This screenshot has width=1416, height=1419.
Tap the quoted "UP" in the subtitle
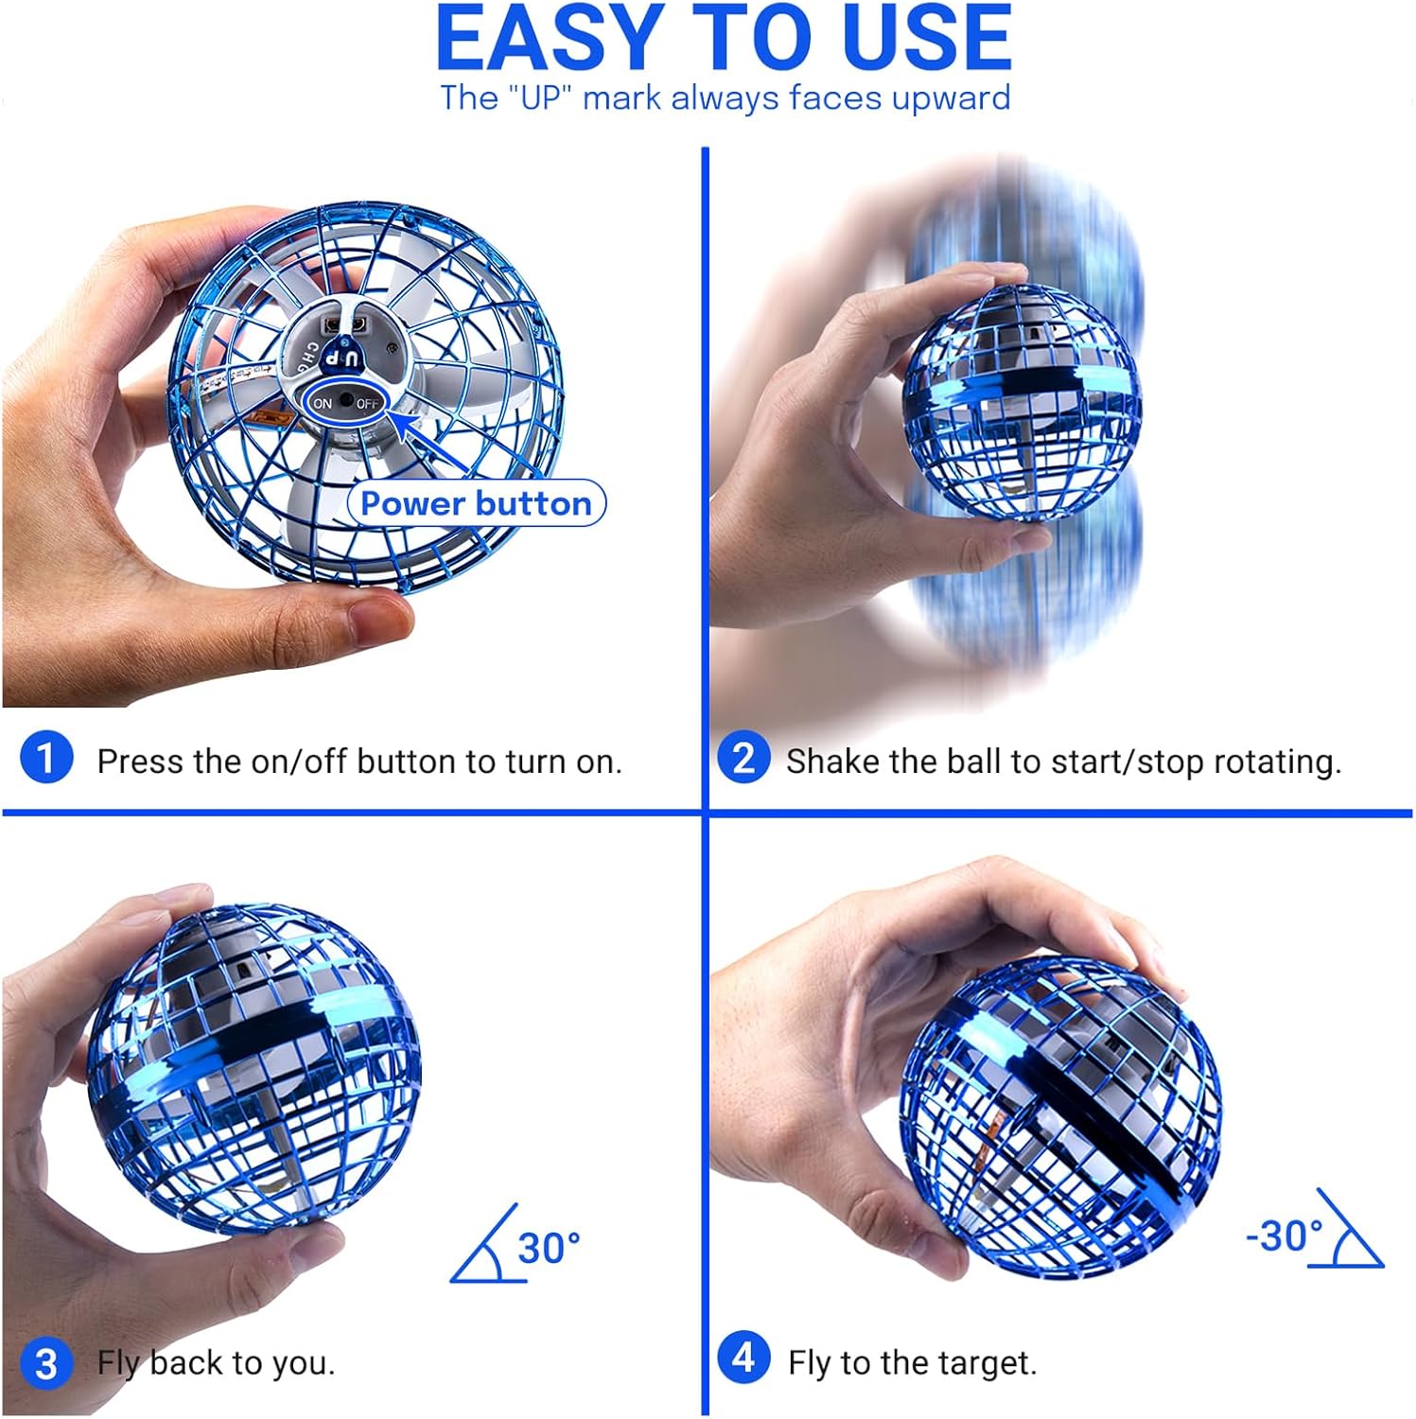point(541,98)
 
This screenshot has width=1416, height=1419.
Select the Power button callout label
point(476,503)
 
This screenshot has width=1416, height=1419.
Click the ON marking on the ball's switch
point(323,404)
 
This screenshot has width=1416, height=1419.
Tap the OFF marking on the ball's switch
point(367,404)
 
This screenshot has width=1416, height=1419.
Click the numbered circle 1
point(45,758)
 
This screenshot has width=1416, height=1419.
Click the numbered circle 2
point(743,758)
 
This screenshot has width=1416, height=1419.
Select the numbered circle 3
point(45,1363)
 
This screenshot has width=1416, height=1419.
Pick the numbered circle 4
point(743,1358)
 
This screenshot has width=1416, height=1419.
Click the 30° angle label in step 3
point(549,1249)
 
